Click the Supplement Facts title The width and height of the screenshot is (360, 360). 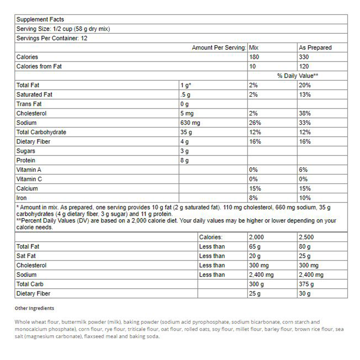pyautogui.click(x=40, y=19)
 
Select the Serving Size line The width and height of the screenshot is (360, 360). pyautogui.click(x=63, y=29)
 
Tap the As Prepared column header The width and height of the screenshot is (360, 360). pyautogui.click(x=315, y=47)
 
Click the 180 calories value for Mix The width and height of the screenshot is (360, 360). pyautogui.click(x=254, y=57)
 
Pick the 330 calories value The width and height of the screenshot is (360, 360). pyautogui.click(x=304, y=57)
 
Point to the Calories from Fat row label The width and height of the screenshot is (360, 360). pyautogui.click(x=39, y=66)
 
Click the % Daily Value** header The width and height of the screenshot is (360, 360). pyautogui.click(x=297, y=76)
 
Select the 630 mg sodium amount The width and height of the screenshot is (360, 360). pyautogui.click(x=190, y=123)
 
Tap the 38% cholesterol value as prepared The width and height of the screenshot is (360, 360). pyautogui.click(x=304, y=113)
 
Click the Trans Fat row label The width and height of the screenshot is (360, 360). pyautogui.click(x=29, y=104)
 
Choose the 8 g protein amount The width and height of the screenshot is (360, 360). pyautogui.click(x=184, y=160)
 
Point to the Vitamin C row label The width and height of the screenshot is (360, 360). pyautogui.click(x=29, y=179)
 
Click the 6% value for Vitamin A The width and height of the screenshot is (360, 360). pyautogui.click(x=303, y=170)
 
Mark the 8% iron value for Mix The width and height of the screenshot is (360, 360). pyautogui.click(x=253, y=198)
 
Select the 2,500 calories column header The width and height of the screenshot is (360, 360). pyautogui.click(x=306, y=237)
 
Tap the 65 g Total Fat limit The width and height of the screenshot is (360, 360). pyautogui.click(x=255, y=247)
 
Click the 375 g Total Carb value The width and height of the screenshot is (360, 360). pyautogui.click(x=306, y=284)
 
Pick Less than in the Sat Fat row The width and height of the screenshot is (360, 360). pyautogui.click(x=212, y=256)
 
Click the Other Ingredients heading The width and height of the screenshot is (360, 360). pyautogui.click(x=34, y=308)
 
